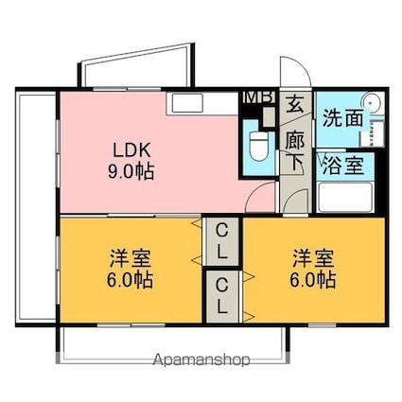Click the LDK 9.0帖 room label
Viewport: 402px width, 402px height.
coord(131,161)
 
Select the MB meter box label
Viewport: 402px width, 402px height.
coord(260,97)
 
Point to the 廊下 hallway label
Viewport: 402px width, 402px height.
coord(295,152)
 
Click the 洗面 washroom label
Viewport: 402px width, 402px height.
coord(342,118)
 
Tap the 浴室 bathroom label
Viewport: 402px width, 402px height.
coord(343,166)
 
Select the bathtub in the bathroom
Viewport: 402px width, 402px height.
coord(345,198)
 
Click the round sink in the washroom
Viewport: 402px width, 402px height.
coord(373,103)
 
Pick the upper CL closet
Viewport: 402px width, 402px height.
coord(222,241)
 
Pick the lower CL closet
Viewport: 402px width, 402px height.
coord(222,296)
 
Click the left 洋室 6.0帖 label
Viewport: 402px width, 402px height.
coord(130,269)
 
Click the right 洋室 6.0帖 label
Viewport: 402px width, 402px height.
coord(313,269)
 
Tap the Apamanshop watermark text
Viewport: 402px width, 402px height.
coord(201,359)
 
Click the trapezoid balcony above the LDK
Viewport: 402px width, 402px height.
coord(136,65)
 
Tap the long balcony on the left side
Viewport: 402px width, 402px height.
coord(36,207)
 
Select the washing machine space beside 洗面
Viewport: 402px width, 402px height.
coord(376,133)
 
